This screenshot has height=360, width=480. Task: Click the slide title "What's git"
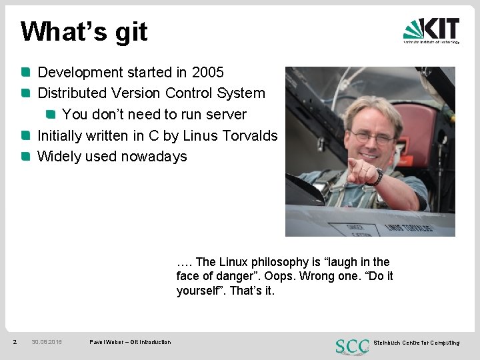[84, 31]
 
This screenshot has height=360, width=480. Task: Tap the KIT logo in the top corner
[431, 30]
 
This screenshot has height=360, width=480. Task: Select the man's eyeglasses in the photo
[373, 137]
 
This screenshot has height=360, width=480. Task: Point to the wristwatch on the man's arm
[379, 177]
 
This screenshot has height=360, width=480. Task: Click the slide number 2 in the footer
[15, 343]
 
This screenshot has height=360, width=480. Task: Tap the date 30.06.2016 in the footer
[47, 343]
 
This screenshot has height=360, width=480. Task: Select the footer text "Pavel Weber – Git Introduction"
[130, 343]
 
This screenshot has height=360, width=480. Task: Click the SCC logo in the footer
[353, 345]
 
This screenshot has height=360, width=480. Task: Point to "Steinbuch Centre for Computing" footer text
[417, 343]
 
